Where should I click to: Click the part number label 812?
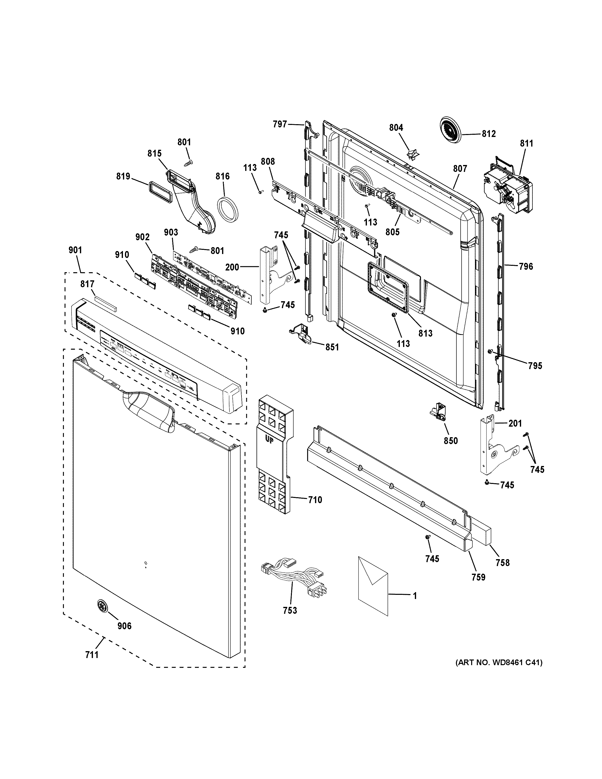489,134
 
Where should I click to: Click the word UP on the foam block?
269,440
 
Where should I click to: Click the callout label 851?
332,347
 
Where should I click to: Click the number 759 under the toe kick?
478,577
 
